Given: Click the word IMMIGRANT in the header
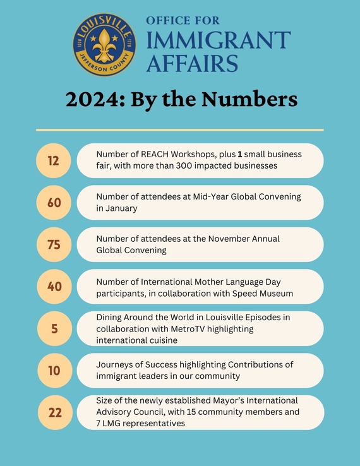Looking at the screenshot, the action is (x=218, y=40).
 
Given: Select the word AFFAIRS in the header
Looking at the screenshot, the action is (x=192, y=64).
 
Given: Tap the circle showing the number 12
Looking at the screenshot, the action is (x=54, y=160).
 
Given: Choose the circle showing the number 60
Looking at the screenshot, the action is (x=54, y=203).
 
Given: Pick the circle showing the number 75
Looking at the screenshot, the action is (x=54, y=244).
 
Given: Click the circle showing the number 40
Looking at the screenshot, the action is (x=54, y=287).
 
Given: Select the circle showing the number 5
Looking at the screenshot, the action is (x=54, y=328).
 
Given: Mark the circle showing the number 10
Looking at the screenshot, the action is (x=54, y=371).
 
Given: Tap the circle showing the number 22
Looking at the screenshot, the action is (x=54, y=412).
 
